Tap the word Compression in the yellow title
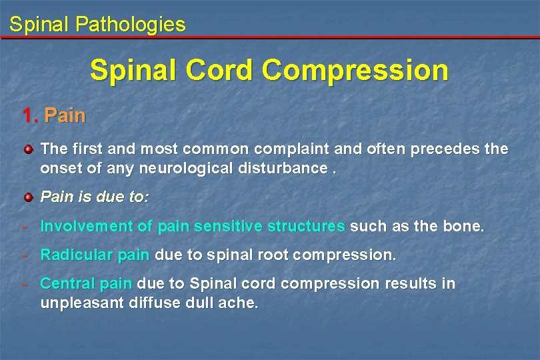pyautogui.click(x=357, y=70)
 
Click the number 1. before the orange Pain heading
pyautogui.click(x=30, y=115)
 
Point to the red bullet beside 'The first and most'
pyautogui.click(x=29, y=149)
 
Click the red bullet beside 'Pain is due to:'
pyautogui.click(x=29, y=197)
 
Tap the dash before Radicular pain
pyautogui.click(x=25, y=255)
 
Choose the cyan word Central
pyautogui.click(x=67, y=283)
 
